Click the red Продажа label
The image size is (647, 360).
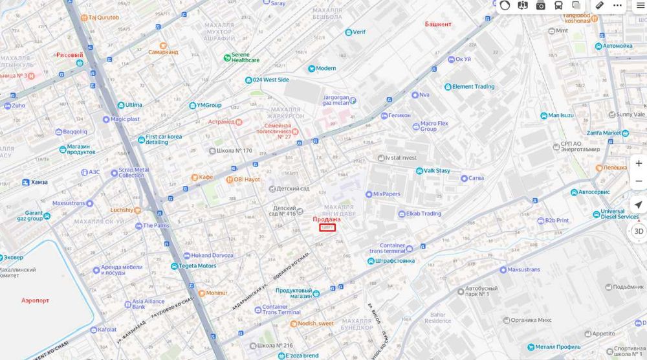(x=327, y=219)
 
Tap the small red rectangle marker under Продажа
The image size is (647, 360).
(x=327, y=228)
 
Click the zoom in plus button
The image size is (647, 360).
(x=638, y=163)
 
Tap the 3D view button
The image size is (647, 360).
(x=638, y=231)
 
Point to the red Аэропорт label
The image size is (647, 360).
(x=35, y=300)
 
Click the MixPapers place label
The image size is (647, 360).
(x=387, y=194)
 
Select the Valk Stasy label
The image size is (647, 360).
(x=437, y=171)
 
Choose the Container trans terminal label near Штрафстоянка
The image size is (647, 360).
(x=392, y=248)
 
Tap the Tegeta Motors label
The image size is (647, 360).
(x=197, y=265)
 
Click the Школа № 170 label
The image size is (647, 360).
(x=234, y=151)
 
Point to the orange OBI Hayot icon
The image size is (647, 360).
(x=229, y=179)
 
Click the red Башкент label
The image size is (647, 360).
(x=438, y=24)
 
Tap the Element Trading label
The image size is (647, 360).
(x=473, y=87)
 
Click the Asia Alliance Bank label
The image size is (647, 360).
(x=148, y=304)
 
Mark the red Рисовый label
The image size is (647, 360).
(x=70, y=56)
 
